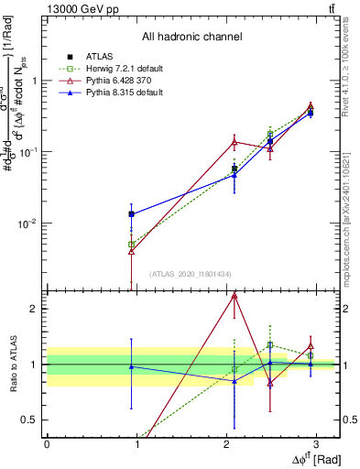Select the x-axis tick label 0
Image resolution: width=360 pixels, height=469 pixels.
pos(47,444)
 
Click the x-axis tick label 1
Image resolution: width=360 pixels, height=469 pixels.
pos(136,444)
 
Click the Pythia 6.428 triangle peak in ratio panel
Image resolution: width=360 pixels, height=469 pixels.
pos(235,296)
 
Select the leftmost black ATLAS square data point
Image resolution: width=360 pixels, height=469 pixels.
pos(132,214)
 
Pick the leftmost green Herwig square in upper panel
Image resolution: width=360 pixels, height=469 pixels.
pos(132,245)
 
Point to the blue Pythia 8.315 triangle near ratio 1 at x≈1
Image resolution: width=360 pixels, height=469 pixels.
pos(132,366)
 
